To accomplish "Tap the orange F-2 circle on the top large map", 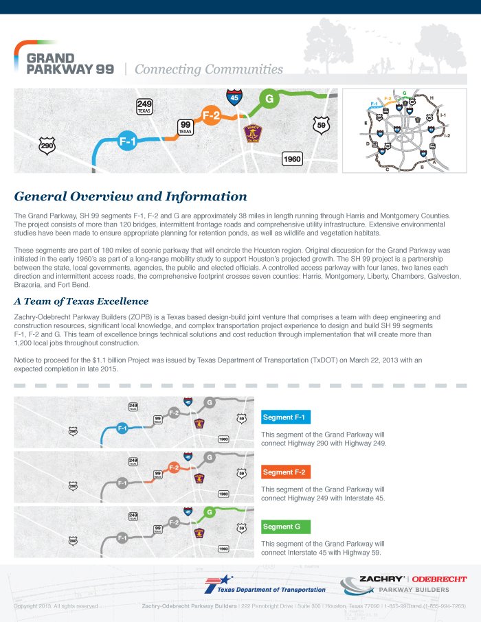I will [211, 115].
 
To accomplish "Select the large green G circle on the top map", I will [269, 99].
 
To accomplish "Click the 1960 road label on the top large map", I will [292, 159].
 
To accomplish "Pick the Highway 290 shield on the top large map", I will [47, 146].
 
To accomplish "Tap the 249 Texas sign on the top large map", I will [144, 106].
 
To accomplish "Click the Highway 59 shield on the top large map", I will [320, 126].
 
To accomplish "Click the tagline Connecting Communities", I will [209, 69].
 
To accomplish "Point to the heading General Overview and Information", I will [131, 196].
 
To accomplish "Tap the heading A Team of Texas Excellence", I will [81, 301].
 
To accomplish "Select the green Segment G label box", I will [286, 527].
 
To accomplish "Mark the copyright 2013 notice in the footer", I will [56, 606].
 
